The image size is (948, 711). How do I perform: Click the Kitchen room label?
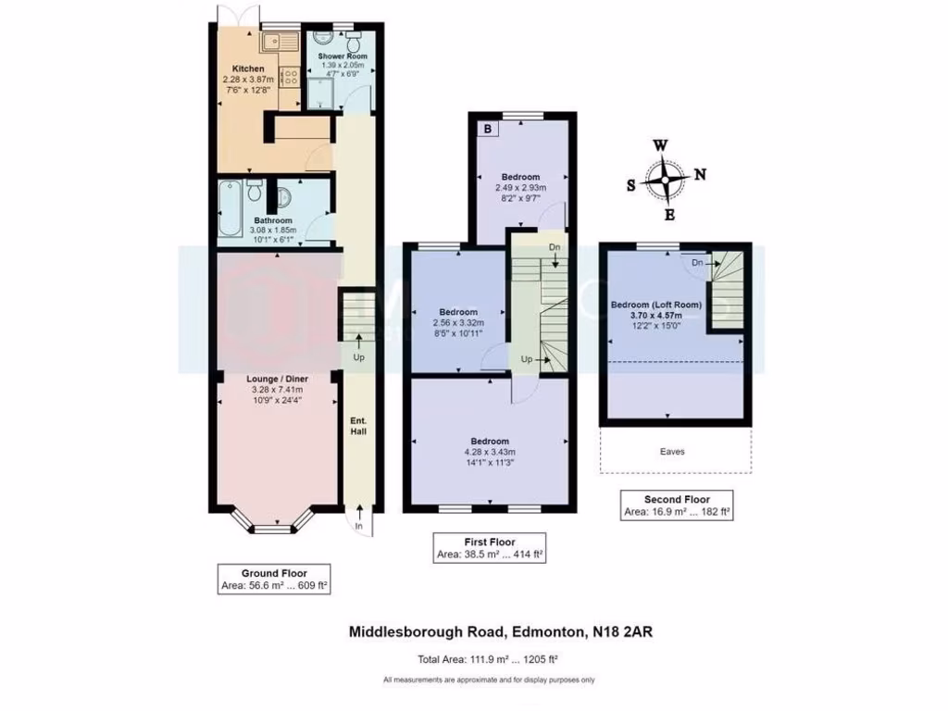click(248, 69)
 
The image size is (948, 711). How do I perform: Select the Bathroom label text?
click(273, 220)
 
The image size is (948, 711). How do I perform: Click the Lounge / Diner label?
click(278, 379)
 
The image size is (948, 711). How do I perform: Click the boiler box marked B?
click(487, 130)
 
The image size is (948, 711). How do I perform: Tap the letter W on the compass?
click(660, 145)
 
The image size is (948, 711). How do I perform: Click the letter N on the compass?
click(701, 173)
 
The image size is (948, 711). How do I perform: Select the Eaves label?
click(685, 452)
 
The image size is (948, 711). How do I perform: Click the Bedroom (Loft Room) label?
click(656, 305)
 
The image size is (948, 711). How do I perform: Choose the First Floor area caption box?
click(490, 549)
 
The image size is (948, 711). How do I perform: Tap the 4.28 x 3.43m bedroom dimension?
click(489, 453)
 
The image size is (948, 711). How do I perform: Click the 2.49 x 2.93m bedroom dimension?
click(520, 187)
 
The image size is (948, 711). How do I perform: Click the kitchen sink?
click(277, 41)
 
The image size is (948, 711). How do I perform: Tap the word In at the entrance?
click(358, 527)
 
